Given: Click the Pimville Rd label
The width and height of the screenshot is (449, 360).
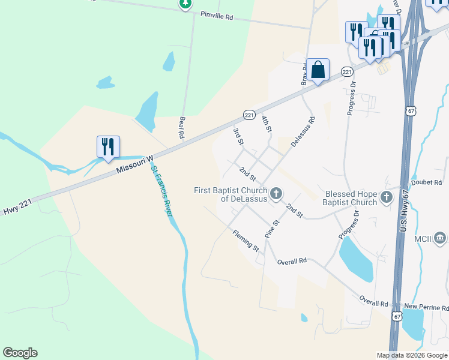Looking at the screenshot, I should coord(217,16).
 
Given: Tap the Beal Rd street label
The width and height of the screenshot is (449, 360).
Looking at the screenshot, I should coord(182,127).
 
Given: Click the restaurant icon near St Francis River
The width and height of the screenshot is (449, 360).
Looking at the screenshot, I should coord(108,146).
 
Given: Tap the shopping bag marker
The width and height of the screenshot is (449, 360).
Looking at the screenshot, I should coord(318,69).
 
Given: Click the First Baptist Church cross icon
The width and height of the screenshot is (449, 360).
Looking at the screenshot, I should coord(276,193).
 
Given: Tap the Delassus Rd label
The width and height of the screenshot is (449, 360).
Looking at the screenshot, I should coord(303,133).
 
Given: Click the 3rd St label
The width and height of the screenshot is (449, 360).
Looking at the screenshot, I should coord(238,136).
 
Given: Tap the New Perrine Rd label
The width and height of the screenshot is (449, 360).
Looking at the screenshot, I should coord(426,307).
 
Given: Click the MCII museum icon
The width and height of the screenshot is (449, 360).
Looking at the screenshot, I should coord(440,238).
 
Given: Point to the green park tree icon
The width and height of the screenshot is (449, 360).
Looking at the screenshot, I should coord(186,4).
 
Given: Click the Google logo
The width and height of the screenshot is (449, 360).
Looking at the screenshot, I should coord(20,353).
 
